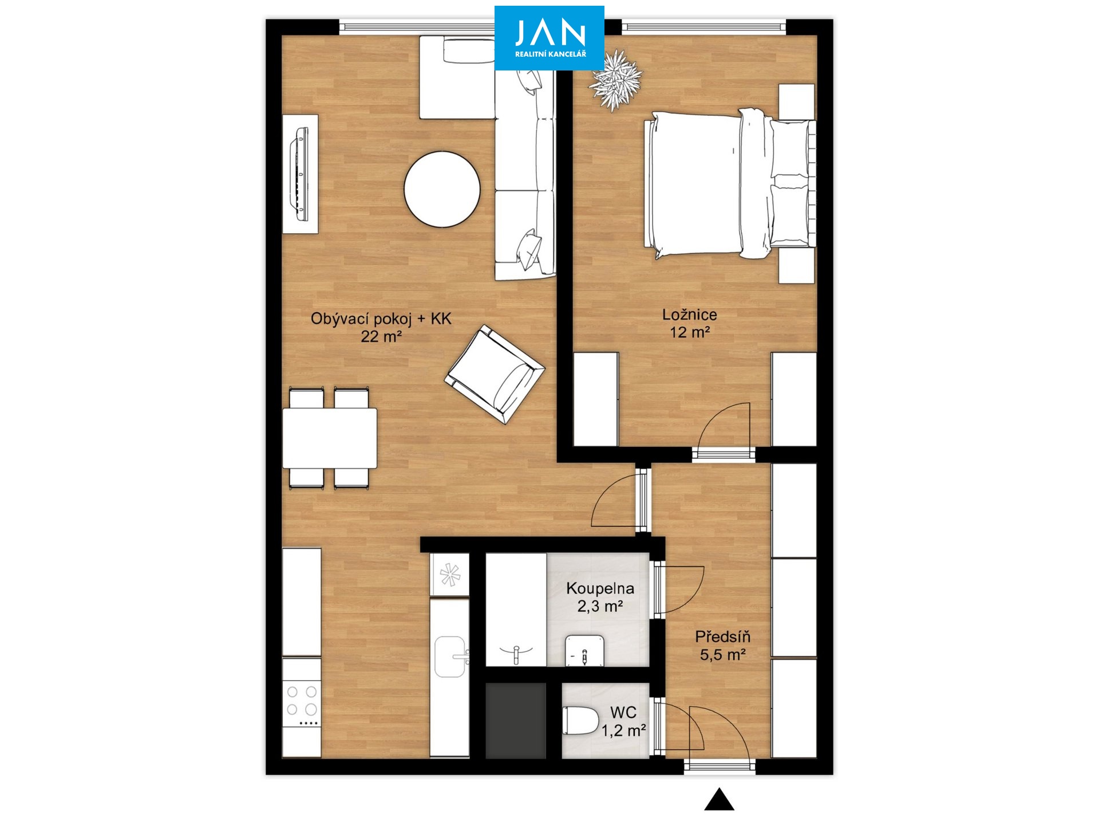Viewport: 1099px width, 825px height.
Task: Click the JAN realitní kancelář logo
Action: pos(549,38)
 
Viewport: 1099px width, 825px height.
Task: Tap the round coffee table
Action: pos(442,189)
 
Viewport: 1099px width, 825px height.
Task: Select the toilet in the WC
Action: pos(580,721)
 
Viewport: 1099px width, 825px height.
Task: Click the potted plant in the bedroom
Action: pos(616,80)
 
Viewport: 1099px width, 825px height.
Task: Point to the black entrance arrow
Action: pos(719,800)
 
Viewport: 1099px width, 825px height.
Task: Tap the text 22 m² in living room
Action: pos(381,336)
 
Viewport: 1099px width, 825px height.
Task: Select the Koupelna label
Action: pos(600,588)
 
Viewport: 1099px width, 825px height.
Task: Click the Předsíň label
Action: pos(722,637)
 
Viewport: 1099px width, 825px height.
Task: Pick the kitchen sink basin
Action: pos(449,657)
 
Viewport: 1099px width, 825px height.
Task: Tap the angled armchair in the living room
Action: pos(495,374)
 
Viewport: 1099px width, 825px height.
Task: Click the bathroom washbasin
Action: pos(584,650)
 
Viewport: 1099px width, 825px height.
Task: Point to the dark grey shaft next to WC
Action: pos(516,721)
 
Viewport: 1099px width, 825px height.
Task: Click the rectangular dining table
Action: pos(330,438)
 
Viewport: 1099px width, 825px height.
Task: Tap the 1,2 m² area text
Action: pos(623,730)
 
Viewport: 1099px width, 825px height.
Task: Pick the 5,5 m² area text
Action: pos(722,654)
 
